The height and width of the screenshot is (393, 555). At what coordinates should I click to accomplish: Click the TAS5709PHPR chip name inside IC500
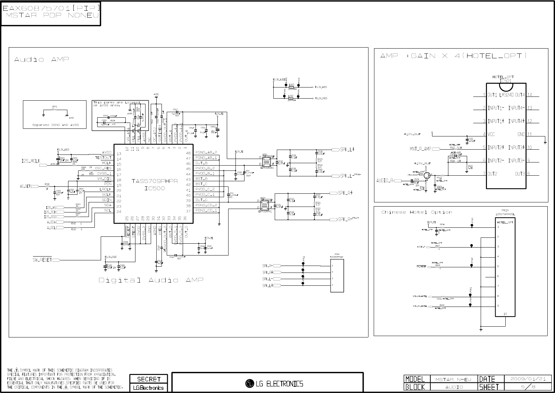[x=153, y=181]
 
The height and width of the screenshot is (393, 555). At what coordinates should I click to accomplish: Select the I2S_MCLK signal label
[x=31, y=161]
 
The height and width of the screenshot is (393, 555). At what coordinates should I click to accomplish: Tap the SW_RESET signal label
[x=42, y=260]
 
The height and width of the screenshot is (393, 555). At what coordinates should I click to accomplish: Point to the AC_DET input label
[x=25, y=186]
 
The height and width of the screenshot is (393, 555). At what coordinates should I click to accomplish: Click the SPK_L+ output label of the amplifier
[x=347, y=150]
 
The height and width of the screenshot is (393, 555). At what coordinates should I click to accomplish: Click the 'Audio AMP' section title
[x=41, y=60]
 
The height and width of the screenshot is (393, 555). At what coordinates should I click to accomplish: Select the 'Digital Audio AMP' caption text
[x=151, y=280]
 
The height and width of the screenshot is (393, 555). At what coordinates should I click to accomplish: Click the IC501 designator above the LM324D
[x=505, y=81]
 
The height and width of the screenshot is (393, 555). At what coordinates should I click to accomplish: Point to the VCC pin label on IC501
[x=491, y=134]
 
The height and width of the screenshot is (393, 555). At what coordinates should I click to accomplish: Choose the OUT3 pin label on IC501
[x=520, y=174]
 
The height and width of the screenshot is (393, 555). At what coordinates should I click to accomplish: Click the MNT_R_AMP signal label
[x=420, y=149]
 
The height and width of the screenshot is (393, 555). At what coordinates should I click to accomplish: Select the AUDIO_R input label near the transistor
[x=385, y=181]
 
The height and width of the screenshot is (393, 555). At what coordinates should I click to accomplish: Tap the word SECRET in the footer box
[x=149, y=379]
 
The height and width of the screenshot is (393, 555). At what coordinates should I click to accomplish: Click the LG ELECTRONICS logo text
[x=274, y=384]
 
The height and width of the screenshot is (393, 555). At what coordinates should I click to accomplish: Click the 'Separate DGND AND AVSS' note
[x=55, y=125]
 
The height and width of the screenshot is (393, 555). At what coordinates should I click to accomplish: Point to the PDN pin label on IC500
[x=108, y=184]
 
